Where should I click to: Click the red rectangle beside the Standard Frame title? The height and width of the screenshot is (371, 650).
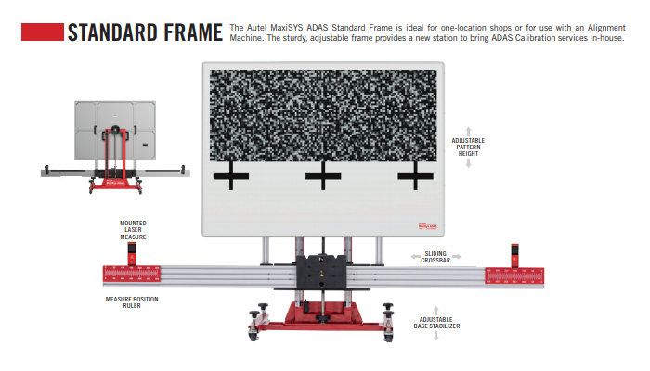click(42, 32)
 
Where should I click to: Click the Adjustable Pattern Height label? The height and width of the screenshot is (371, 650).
click(469, 147)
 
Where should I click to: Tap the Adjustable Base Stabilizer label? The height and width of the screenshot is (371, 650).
click(435, 323)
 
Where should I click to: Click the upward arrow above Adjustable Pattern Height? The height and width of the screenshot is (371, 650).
click(469, 131)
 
